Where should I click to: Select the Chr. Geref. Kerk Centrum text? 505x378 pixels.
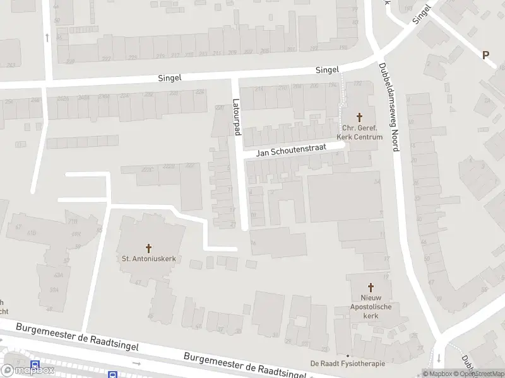coord(360,132)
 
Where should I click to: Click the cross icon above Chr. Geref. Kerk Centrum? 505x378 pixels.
coord(360,117)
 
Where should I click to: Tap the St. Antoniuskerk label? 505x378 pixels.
coord(149,258)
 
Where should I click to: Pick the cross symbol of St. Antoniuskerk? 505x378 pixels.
coord(149,248)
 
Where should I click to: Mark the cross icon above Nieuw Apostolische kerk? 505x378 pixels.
coord(371,285)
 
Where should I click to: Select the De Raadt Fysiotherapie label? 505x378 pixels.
coord(347,364)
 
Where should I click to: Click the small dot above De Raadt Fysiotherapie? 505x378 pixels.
coord(347,355)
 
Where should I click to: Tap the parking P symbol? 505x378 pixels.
coord(485,55)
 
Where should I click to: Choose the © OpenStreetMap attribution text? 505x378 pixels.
coord(478,374)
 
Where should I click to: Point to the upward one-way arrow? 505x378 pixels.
coord(47,37)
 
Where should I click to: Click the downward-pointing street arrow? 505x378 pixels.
coord(438,358)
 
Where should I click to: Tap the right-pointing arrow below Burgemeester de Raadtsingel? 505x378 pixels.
coord(137,364)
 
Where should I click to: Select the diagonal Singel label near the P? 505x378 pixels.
coord(421,14)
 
